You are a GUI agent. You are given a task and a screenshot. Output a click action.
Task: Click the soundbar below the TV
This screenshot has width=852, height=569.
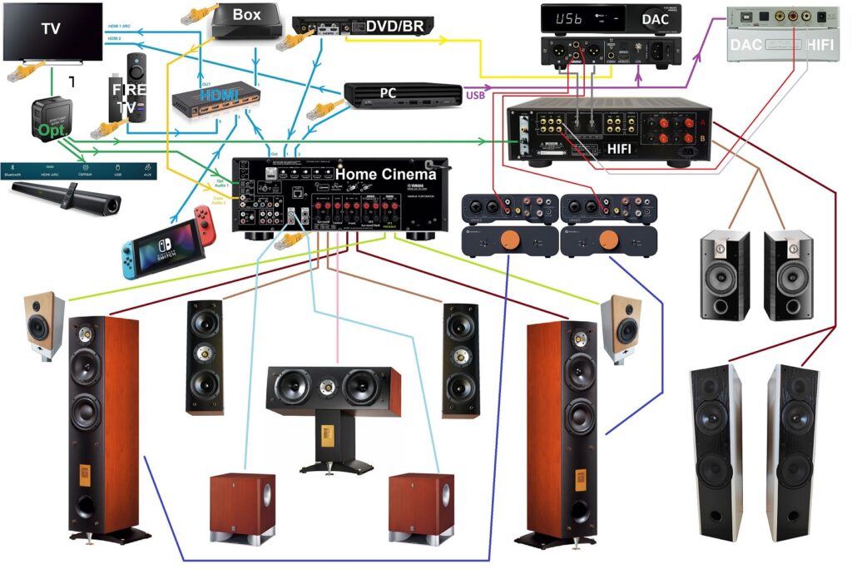click(x=66, y=197)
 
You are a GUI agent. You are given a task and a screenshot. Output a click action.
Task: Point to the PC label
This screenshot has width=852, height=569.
click(x=388, y=92)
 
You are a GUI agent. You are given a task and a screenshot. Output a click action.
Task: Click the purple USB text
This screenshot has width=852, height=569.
click(x=475, y=96)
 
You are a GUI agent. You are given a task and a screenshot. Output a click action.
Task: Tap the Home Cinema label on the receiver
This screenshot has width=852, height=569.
click(x=385, y=175)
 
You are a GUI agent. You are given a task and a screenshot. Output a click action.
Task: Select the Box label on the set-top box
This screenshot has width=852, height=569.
click(x=246, y=15)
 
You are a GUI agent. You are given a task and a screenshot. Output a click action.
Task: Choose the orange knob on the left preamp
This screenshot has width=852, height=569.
click(x=516, y=242)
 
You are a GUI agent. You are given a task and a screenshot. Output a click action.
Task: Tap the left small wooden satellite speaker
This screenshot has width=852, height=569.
click(x=44, y=325)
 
